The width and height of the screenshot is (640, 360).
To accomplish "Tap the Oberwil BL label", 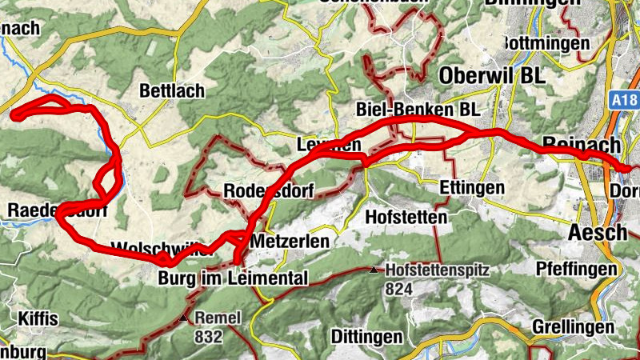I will point(490,74).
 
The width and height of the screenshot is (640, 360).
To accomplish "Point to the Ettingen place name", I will point(472,188).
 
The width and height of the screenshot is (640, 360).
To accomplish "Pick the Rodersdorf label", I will point(268,191).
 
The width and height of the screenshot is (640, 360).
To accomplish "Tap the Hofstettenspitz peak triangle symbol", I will point(374,270).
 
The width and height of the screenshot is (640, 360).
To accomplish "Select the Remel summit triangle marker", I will point(185,318).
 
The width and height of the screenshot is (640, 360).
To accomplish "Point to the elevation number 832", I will point(208,336).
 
